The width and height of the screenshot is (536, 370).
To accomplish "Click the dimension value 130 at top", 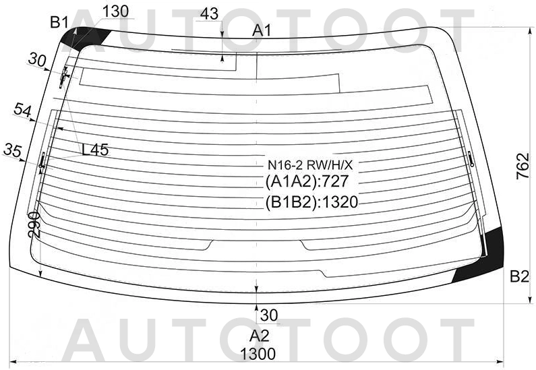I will (x=115, y=11).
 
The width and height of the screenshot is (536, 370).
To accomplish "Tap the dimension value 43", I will (x=210, y=13).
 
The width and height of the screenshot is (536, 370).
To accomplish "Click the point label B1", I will (x=59, y=22).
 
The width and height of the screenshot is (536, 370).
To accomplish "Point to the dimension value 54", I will (x=22, y=111).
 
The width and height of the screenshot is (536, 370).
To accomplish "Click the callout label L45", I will (x=95, y=150).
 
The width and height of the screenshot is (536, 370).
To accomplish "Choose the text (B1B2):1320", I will (x=311, y=202).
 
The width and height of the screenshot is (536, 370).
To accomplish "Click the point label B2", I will (x=519, y=276).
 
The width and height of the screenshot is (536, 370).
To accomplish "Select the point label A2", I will (x=260, y=336).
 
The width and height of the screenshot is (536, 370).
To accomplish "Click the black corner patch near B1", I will (x=80, y=38).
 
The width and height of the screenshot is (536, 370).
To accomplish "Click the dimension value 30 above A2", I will (x=269, y=314).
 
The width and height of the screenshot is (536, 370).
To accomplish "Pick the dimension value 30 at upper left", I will (x=37, y=59).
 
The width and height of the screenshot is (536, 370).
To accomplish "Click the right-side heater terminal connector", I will (x=470, y=159).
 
